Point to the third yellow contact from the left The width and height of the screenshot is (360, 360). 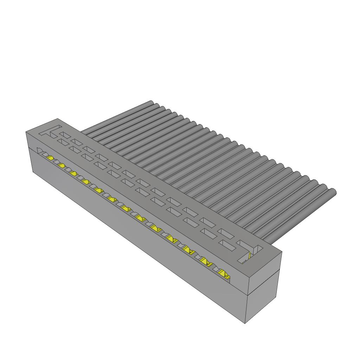tap(73, 173)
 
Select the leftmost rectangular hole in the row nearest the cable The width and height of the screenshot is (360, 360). tap(66, 135)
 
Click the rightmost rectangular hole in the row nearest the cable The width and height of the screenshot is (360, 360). tap(227, 233)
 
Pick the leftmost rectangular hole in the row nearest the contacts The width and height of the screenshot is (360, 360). tap(64, 142)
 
